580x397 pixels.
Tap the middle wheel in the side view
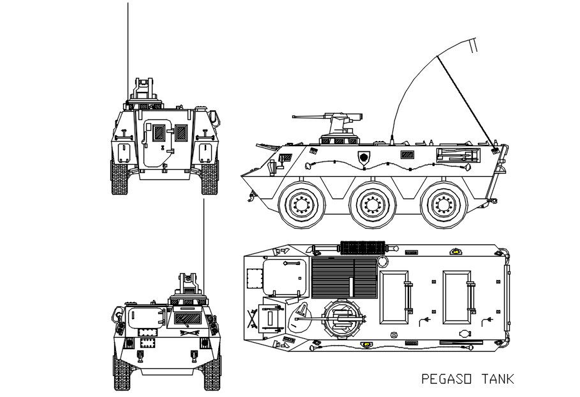tap(372, 205)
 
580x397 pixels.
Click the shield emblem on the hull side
tap(364, 156)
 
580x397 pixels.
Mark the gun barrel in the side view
tap(309, 117)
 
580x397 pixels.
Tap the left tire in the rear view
tap(119, 178)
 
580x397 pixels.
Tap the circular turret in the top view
tap(340, 317)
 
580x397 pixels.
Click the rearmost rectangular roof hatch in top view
tap(459, 297)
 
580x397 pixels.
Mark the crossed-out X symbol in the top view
tap(251, 317)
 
